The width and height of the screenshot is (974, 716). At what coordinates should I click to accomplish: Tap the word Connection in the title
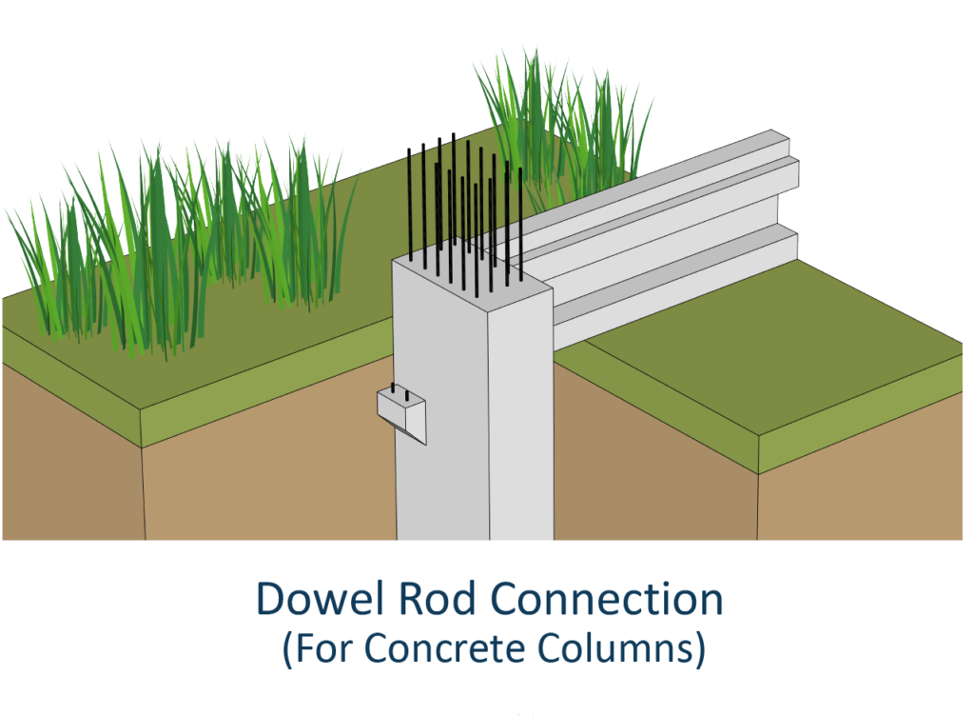607,599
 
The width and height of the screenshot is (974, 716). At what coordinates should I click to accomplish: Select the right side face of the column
520,419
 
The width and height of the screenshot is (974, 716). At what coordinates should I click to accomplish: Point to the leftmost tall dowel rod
410,205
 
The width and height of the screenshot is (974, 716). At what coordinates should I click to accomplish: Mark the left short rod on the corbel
393,389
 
